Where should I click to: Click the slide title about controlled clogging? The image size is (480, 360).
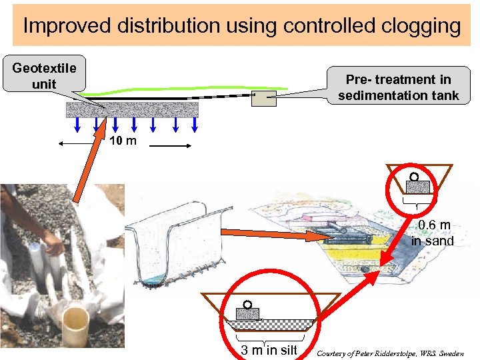tap(241, 26)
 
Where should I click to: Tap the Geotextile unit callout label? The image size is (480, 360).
tap(44, 75)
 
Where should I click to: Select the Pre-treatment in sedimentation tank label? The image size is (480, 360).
tap(398, 87)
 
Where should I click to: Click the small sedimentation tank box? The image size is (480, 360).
tap(263, 99)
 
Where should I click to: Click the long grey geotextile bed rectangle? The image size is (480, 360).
tap(132, 109)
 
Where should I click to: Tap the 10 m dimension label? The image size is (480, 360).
tap(123, 141)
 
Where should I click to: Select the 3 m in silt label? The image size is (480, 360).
tap(269, 350)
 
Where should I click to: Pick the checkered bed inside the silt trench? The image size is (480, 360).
tap(269, 325)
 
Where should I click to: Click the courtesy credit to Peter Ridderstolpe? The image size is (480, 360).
tap(390, 353)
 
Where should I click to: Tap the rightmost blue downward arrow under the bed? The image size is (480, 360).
tap(195, 125)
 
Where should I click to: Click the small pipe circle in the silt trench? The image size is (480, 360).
tap(247, 305)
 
